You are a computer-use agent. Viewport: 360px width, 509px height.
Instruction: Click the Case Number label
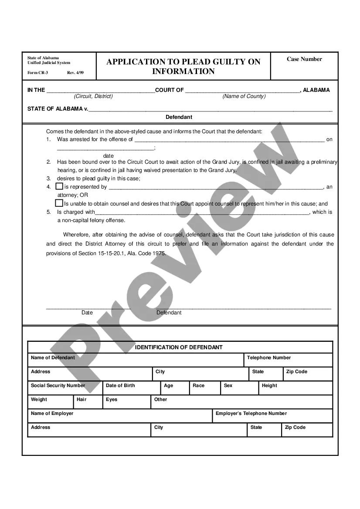[304, 59]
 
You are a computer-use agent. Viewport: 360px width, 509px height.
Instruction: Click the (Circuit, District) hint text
[93, 96]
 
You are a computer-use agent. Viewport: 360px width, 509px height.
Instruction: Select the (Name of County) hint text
[244, 96]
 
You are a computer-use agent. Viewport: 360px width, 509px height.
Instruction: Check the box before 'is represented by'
[59, 186]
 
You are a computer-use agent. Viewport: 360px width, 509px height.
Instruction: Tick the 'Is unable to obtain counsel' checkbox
[59, 203]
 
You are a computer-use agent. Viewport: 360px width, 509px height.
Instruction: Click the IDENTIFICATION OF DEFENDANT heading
[179, 347]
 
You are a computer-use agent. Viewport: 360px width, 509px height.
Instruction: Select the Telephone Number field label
[269, 358]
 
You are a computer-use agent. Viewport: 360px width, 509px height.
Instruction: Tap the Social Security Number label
[58, 386]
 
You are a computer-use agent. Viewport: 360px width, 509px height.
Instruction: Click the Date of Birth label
[120, 386]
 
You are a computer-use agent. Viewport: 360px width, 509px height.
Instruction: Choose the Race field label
[198, 386]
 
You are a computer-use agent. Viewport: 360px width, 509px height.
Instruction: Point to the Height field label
[269, 386]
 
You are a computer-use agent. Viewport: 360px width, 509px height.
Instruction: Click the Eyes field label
[112, 400]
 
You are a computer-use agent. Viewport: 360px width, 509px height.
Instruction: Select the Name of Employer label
[52, 414]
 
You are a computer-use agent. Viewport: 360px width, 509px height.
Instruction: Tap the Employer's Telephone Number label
[251, 414]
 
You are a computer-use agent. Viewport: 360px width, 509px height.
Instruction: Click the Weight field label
[39, 400]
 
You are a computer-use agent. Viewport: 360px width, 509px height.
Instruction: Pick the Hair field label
[82, 400]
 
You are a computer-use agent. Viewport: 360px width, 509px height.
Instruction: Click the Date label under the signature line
[87, 313]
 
